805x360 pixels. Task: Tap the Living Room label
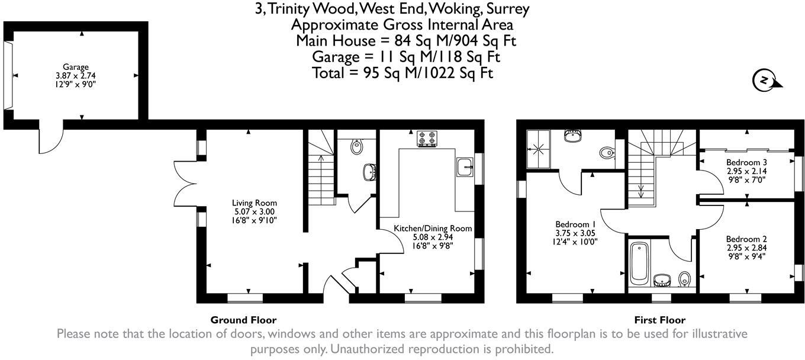click(254, 203)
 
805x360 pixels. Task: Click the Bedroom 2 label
click(746, 239)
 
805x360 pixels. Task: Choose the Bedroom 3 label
click(747, 162)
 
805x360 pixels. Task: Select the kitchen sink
click(464, 166)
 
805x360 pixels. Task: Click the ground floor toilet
click(356, 146)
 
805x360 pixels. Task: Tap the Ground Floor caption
click(243, 320)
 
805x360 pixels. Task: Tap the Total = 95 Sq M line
click(402, 73)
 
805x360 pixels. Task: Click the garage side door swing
click(49, 140)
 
